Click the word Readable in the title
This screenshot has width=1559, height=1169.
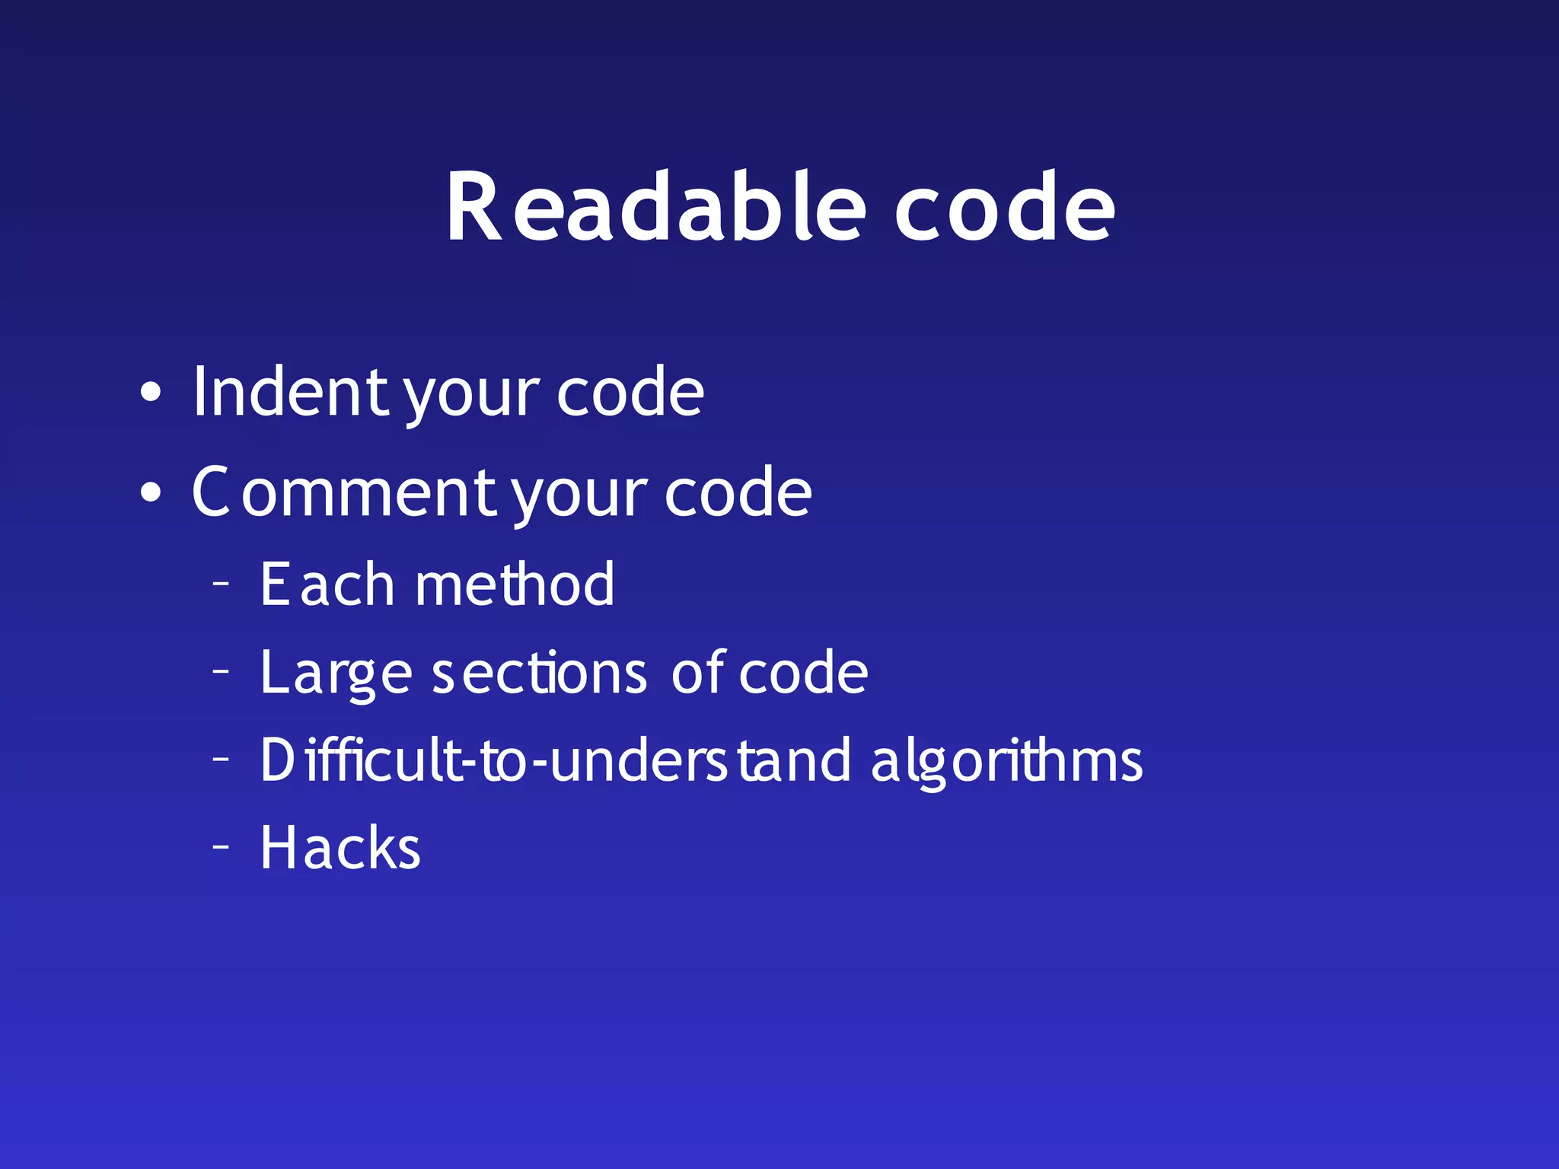pos(655,207)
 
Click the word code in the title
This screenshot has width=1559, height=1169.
pos(1004,207)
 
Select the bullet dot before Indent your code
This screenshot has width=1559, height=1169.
pos(151,392)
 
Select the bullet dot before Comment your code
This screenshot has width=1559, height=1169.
pos(151,492)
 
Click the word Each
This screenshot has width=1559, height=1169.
pos(327,584)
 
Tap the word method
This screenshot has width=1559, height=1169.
pos(515,584)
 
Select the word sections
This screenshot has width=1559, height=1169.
pos(539,673)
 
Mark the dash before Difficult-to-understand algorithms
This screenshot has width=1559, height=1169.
pos(221,758)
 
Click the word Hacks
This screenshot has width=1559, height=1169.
pos(340,848)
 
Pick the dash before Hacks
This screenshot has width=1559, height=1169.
pos(221,846)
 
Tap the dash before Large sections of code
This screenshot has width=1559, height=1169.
pos(221,671)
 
